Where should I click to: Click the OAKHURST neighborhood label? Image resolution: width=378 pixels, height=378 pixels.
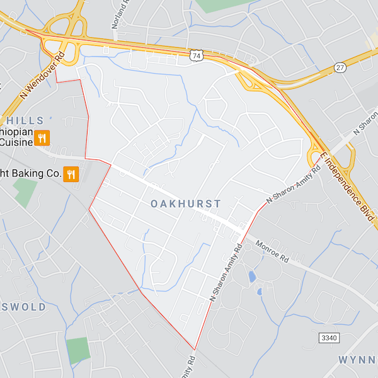pyautogui.click(x=186, y=203)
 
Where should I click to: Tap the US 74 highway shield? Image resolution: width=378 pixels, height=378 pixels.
pyautogui.click(x=197, y=55)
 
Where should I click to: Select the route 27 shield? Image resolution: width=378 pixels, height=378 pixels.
pyautogui.click(x=340, y=67)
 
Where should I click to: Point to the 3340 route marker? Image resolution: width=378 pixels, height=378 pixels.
pyautogui.click(x=329, y=338)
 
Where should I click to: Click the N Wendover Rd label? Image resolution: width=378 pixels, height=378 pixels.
pyautogui.click(x=43, y=75)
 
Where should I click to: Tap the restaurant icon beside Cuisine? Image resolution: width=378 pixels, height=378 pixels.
pyautogui.click(x=42, y=138)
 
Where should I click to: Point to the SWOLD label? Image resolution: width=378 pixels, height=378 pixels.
pyautogui.click(x=23, y=307)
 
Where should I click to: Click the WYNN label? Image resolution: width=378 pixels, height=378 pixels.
pyautogui.click(x=357, y=359)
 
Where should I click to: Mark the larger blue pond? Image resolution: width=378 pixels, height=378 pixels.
pyautogui.click(x=252, y=277)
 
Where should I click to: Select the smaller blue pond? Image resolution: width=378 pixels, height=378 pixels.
pyautogui.click(x=259, y=292)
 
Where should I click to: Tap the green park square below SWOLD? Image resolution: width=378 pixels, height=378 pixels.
pyautogui.click(x=79, y=350)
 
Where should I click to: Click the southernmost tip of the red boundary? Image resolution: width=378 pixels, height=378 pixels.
pyautogui.click(x=194, y=349)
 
